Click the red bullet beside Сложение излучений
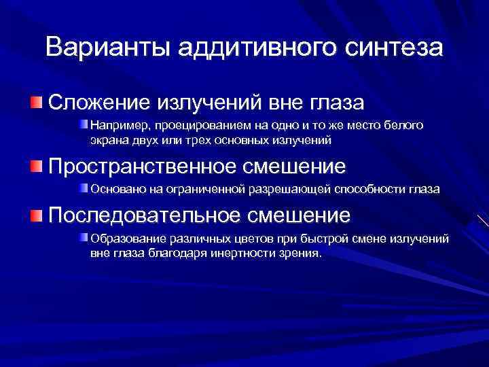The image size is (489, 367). [36, 103]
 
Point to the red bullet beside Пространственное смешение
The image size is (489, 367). [36, 166]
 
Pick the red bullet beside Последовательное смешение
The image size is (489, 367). [36, 216]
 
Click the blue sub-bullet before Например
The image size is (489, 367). [84, 125]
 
